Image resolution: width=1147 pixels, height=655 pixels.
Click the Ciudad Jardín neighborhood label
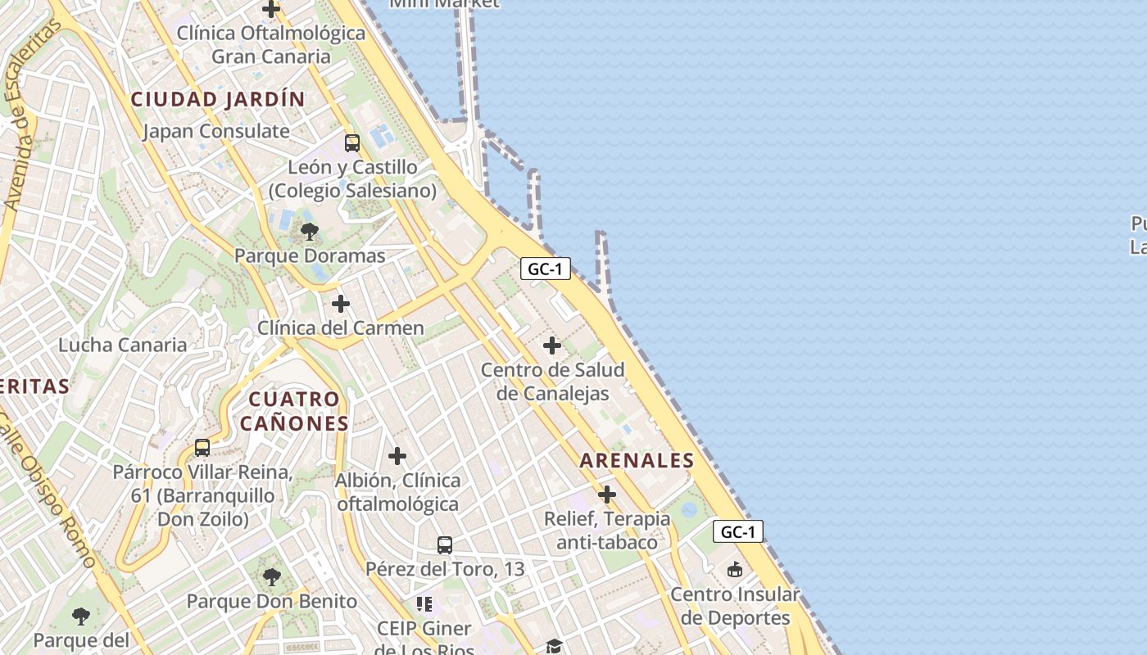coord(218,99)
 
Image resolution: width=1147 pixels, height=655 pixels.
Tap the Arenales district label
coord(637,460)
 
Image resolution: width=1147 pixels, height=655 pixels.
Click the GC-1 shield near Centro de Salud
coord(545,269)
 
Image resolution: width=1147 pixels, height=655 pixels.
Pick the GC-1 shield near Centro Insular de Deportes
coord(737,531)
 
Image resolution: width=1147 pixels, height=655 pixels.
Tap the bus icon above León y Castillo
coord(351,142)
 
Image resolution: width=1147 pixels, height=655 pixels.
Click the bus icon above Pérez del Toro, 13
coord(444,544)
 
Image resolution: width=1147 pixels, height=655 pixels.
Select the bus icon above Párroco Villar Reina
coord(202,448)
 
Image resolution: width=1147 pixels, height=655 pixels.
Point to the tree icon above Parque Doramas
coord(309,232)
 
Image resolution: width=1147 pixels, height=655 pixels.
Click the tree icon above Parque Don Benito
coord(272,577)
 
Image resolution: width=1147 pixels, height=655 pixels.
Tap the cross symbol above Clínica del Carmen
coord(340,304)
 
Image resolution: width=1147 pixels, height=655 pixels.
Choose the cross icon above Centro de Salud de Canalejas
coord(552,346)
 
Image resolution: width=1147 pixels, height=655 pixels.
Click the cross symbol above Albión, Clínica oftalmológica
coord(397,456)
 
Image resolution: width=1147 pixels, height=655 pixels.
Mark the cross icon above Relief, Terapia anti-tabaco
coord(607,495)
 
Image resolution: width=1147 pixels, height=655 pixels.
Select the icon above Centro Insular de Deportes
coord(735,570)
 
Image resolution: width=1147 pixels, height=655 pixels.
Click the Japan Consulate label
coord(216,131)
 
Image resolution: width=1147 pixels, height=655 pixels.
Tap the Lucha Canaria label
coord(122,345)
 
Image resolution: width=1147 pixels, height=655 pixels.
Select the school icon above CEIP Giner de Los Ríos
coord(424,604)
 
